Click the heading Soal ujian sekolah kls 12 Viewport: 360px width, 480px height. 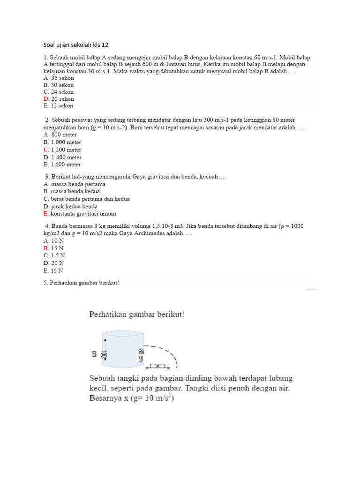pyautogui.click(x=75, y=45)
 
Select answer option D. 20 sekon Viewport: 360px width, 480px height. pyautogui.click(x=59, y=99)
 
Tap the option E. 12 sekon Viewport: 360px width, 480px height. pyautogui.click(x=59, y=106)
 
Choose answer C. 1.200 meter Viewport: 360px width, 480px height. pyautogui.click(x=62, y=150)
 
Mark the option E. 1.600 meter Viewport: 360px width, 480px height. pyautogui.click(x=62, y=165)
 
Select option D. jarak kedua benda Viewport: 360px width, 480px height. pyautogui.click(x=70, y=206)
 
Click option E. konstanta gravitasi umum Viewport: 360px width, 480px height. pyautogui.click(x=80, y=214)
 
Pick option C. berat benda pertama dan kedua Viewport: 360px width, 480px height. pyautogui.click(x=87, y=199)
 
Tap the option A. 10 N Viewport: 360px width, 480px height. pyautogui.click(x=53, y=240)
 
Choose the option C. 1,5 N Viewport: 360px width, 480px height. pyautogui.click(x=54, y=255)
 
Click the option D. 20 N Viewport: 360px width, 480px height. pyautogui.click(x=53, y=263)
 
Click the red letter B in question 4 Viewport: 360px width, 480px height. pyautogui.click(x=46, y=248)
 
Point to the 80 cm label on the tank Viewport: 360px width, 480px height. pyautogui.click(x=140, y=355)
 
